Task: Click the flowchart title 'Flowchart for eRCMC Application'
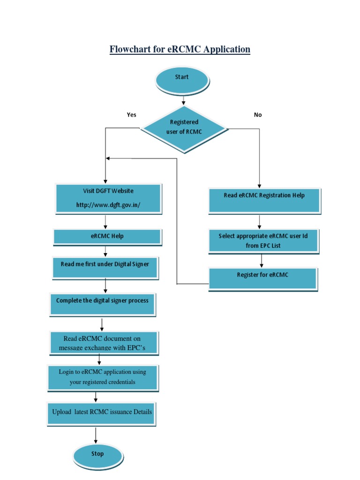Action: click(x=180, y=49)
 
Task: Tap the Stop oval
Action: click(x=97, y=454)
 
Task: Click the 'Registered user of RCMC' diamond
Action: click(x=184, y=127)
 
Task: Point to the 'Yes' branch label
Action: click(x=132, y=115)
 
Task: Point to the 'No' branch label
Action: click(x=258, y=115)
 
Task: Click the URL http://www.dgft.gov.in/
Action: click(x=108, y=205)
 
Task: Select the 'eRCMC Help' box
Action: click(x=107, y=236)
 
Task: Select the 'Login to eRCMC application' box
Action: click(x=103, y=377)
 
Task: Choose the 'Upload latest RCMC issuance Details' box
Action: click(x=102, y=413)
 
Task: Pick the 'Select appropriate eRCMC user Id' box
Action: click(x=263, y=241)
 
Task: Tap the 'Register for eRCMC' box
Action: click(x=262, y=278)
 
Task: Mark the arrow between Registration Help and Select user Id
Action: click(x=259, y=222)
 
